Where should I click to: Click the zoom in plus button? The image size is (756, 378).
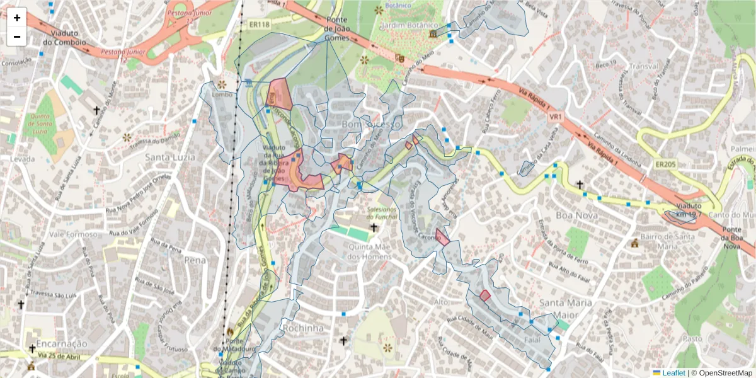(16, 18)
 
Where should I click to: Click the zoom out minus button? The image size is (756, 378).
(16, 37)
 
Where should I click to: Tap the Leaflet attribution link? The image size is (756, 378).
(673, 372)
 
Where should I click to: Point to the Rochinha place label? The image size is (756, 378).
(303, 328)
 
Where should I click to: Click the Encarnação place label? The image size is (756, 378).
(61, 343)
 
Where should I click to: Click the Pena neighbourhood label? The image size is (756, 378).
(195, 259)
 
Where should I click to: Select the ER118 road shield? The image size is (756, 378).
(258, 25)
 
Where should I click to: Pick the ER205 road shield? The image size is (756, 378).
(665, 164)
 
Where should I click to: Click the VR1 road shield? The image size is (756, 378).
(555, 117)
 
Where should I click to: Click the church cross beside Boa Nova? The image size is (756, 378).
(579, 185)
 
